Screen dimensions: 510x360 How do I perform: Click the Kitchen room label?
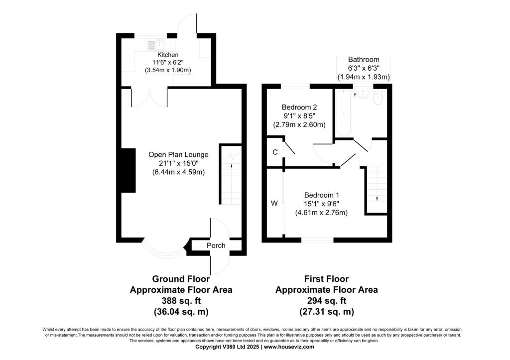click(168, 55)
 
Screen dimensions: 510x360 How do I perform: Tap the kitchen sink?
click(156, 45)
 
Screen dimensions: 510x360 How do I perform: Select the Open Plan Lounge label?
click(179, 154)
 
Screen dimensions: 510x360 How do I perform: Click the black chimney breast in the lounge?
click(128, 170)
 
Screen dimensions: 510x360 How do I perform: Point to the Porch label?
click(216, 245)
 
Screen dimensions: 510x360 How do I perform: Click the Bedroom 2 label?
click(299, 107)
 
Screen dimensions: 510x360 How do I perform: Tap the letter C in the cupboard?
click(275, 152)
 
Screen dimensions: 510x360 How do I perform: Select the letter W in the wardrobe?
click(274, 203)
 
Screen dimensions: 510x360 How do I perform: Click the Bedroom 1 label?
click(322, 195)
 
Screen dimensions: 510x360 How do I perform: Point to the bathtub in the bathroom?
click(343, 113)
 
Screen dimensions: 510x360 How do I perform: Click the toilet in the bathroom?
click(378, 98)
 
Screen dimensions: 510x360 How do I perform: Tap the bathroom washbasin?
click(363, 94)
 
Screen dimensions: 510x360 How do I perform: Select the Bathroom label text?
click(364, 60)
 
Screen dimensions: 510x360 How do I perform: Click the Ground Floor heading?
click(181, 279)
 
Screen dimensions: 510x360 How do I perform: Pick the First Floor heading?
click(326, 279)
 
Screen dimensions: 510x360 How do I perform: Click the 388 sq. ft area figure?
click(181, 300)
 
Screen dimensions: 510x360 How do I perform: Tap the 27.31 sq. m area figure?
click(327, 312)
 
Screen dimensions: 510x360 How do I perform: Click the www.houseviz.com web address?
click(289, 347)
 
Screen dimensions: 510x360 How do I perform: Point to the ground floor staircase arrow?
click(232, 165)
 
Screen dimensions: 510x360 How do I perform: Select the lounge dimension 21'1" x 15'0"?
click(179, 163)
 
